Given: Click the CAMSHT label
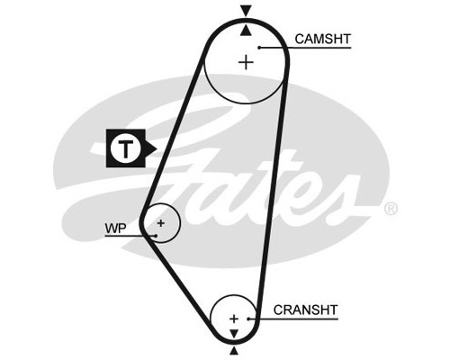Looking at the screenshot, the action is tap(322, 39).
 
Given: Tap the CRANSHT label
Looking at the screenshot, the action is tap(305, 310).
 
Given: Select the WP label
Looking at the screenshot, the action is tap(115, 229).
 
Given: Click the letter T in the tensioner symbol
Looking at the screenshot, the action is tap(126, 148).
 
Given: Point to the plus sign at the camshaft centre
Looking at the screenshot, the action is tap(246, 63).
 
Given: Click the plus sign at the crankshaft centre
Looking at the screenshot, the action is tap(234, 319).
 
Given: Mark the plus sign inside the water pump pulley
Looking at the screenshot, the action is tap(161, 223).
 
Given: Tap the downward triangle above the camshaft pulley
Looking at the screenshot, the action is tap(246, 12).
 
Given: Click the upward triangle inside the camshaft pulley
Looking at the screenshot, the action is tap(246, 31).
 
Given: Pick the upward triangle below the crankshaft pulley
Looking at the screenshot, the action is tap(234, 351).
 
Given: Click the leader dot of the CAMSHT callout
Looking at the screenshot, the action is tap(259, 48).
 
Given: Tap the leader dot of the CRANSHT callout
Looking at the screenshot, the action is tap(248, 319).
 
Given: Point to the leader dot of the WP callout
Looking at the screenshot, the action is tap(156, 236).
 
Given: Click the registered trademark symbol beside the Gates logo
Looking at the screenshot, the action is tap(391, 209).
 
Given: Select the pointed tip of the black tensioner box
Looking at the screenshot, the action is tap(157, 148).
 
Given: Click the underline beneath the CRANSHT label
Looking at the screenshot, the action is tap(293, 319).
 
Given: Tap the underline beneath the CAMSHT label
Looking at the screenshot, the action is tap(305, 48).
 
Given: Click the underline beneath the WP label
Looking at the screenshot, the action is tap(130, 236).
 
